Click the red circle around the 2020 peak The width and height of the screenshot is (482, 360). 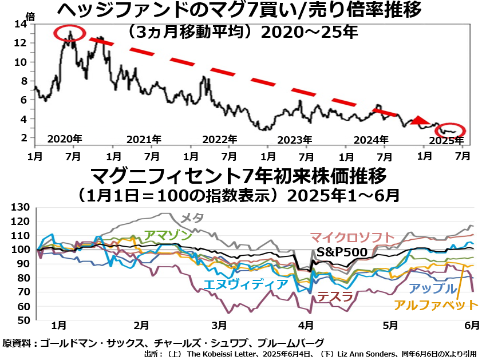pos(69,33)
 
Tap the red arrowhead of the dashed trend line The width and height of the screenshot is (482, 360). pos(421,120)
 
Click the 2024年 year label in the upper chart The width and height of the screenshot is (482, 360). pos(372,139)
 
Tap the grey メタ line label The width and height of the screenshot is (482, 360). pos(191,217)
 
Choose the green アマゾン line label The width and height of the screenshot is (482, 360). pos(168,235)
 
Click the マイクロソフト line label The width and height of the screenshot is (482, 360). pos(352,236)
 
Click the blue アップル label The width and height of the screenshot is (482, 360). pos(433,289)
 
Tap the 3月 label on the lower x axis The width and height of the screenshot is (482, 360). pos(218,326)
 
